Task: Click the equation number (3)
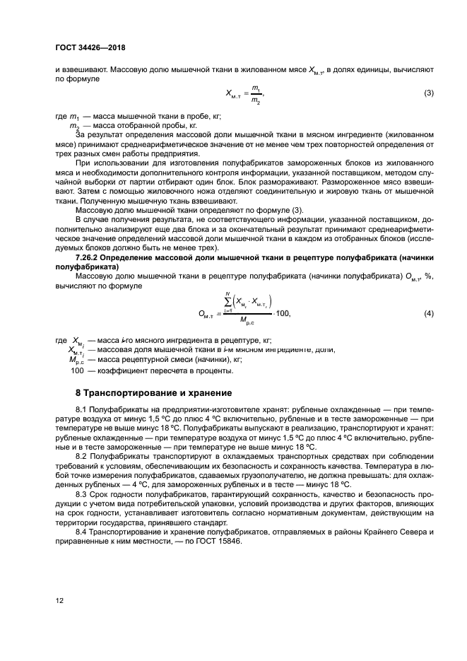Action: pyautogui.click(x=428, y=93)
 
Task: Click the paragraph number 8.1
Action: pyautogui.click(x=81, y=409)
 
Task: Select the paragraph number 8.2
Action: pyautogui.click(x=81, y=457)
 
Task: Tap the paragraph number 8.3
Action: pyautogui.click(x=81, y=495)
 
